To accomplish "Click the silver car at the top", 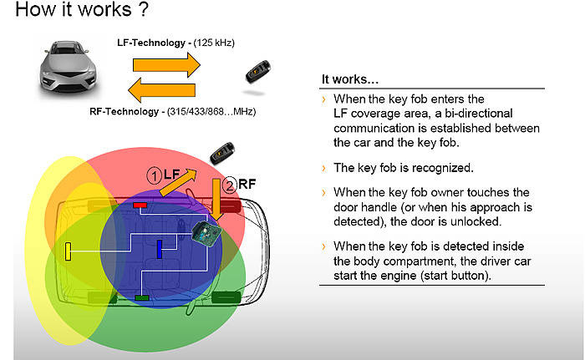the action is tap(68, 68).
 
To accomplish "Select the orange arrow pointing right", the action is tap(166, 65).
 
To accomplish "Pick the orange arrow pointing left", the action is tap(161, 90).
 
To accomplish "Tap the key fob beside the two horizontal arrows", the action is tap(257, 71).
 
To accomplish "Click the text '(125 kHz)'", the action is tap(214, 43).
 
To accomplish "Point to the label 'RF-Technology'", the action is tap(125, 112).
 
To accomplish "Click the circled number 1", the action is tap(154, 175).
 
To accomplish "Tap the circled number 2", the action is tap(230, 185).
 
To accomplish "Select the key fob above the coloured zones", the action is tap(222, 153).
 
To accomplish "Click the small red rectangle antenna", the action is tap(140, 205).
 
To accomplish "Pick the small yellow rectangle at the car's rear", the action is tap(68, 251).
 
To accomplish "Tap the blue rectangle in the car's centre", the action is tap(160, 249).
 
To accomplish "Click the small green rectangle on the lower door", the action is tap(142, 297).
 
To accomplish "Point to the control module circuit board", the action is tap(206, 233).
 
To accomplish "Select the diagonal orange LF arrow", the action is tap(178, 182).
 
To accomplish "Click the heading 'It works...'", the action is tap(350, 79).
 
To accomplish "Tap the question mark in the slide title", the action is tap(143, 9).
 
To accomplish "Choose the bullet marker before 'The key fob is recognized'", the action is tap(323, 168).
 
